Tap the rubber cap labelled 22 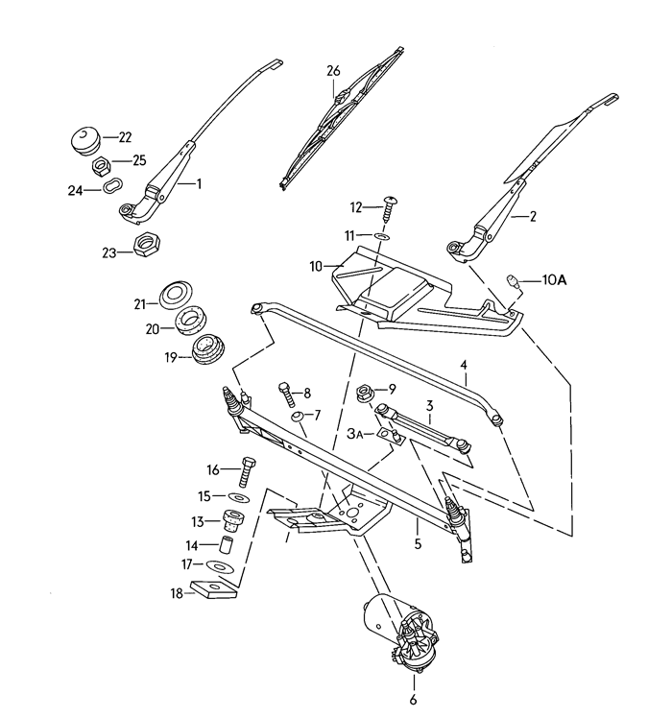coord(86,136)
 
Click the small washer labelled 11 coord(381,234)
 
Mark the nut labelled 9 coord(366,391)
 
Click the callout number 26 coord(333,70)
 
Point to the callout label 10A coord(555,280)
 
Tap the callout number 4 coord(464,365)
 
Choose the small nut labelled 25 coord(99,165)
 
